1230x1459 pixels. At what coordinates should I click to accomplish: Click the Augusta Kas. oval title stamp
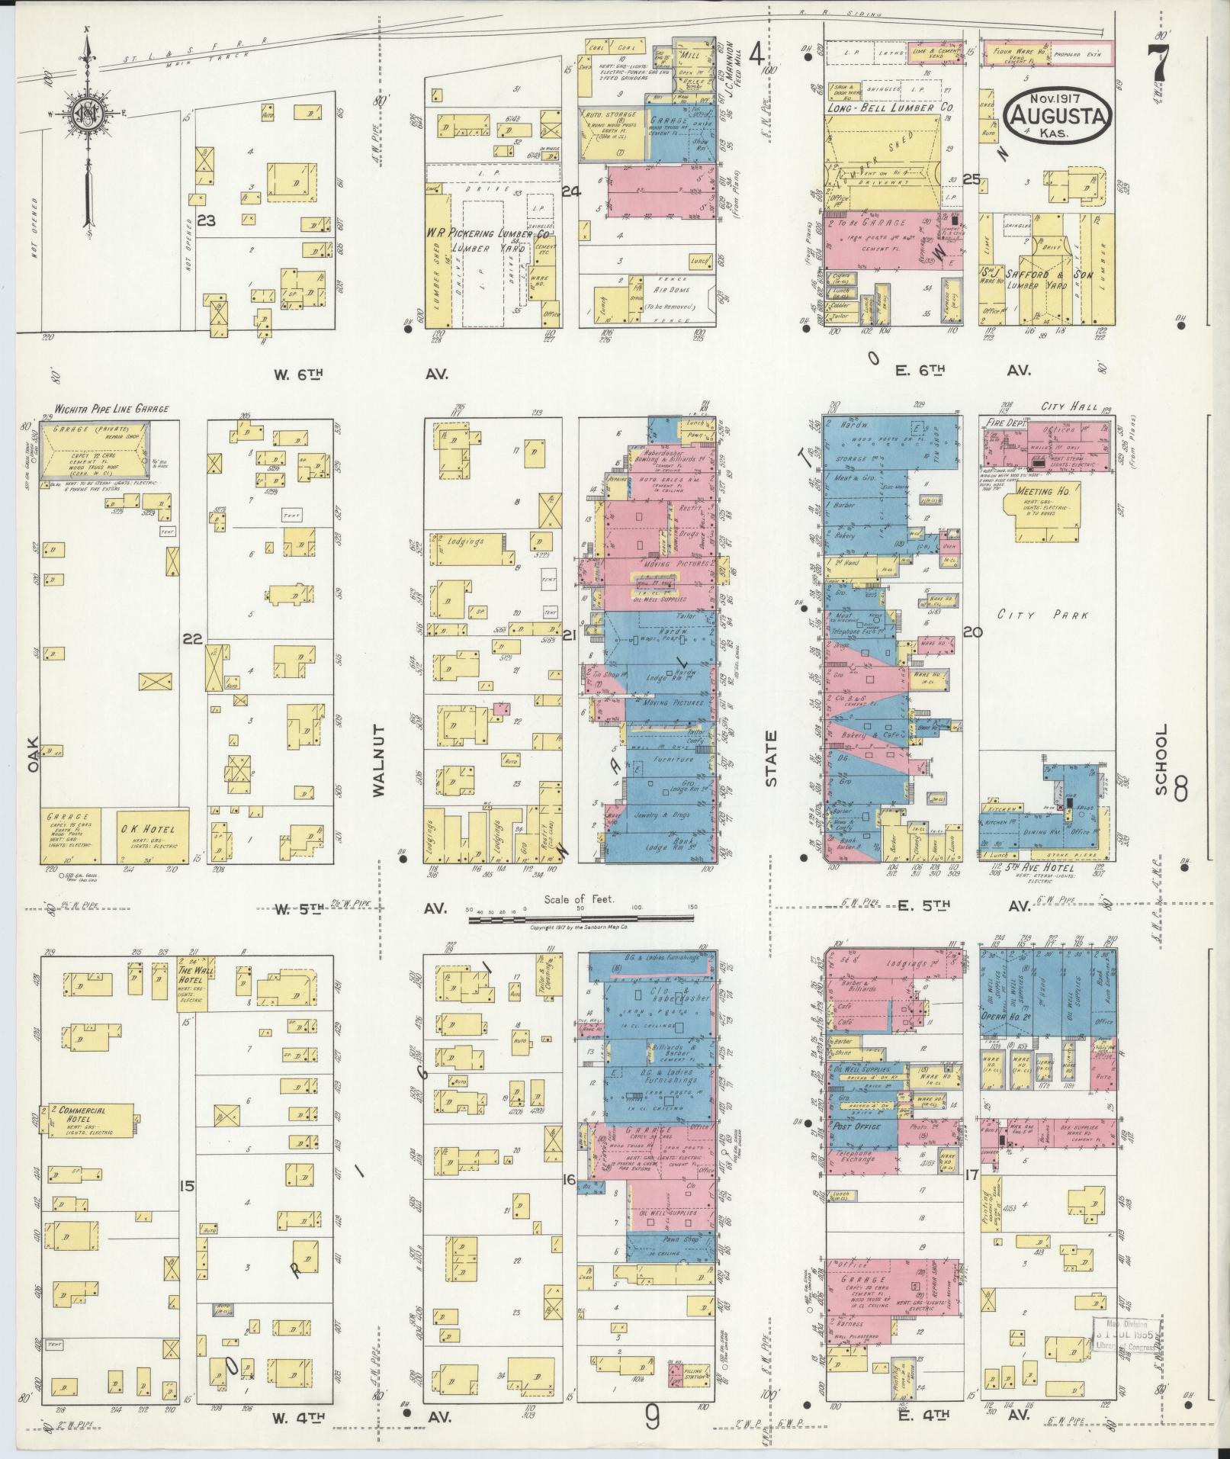click(1059, 115)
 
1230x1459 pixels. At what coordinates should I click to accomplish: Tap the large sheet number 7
click(1159, 60)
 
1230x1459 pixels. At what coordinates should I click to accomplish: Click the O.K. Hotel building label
click(146, 830)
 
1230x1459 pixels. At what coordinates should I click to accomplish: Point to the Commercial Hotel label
click(81, 1110)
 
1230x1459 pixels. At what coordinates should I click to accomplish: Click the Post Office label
click(856, 1126)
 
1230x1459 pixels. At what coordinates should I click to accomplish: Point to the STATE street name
click(771, 758)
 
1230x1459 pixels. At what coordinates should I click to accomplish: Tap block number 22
click(192, 638)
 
